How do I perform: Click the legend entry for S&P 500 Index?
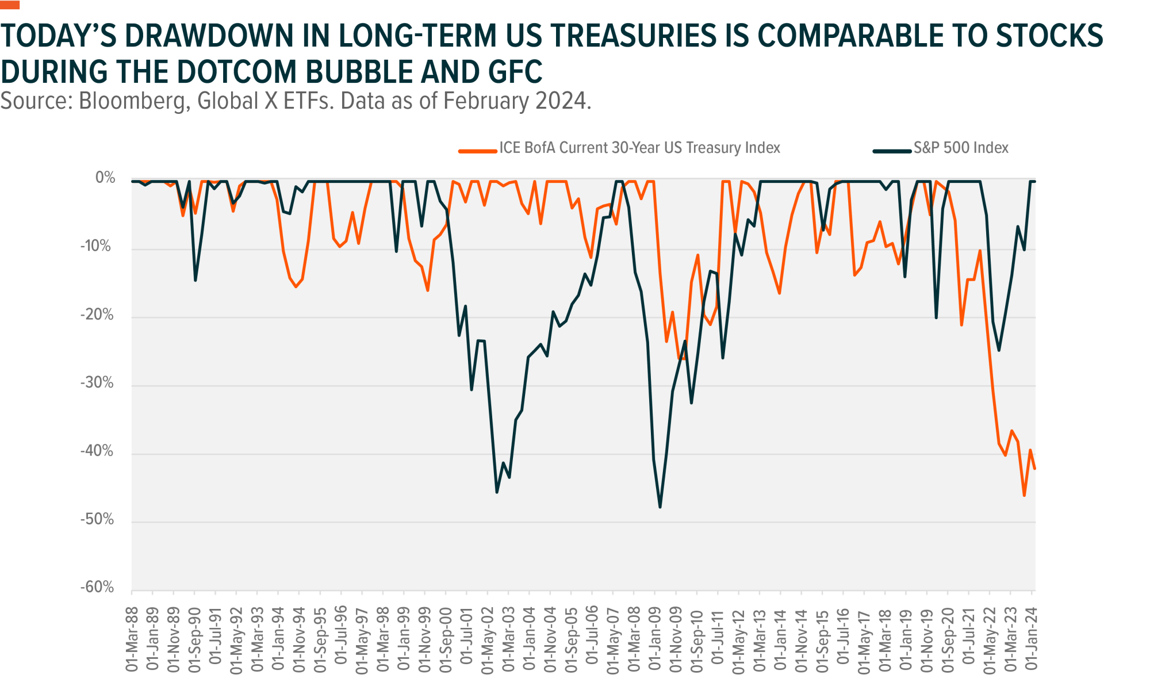960,148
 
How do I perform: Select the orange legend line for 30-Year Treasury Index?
477,151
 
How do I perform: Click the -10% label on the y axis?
97,247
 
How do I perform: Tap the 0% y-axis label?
105,178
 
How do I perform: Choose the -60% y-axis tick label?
97,588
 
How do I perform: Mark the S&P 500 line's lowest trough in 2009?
660,507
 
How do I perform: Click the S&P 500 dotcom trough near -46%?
497,492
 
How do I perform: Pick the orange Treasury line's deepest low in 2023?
1024,496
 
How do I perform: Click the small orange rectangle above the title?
10,5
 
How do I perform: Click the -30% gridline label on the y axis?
97,384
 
